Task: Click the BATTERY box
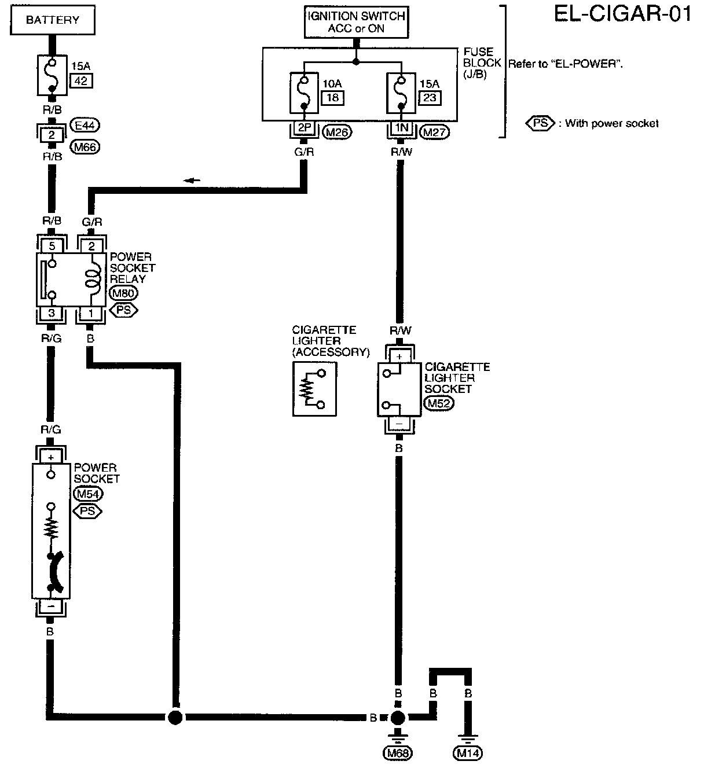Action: click(x=52, y=20)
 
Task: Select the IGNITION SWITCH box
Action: click(x=356, y=22)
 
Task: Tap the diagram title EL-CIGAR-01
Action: click(x=622, y=14)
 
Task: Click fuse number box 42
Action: click(x=80, y=81)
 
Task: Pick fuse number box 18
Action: click(x=332, y=97)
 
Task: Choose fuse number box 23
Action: click(x=430, y=97)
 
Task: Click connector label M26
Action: click(x=337, y=133)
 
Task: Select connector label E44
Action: click(x=85, y=125)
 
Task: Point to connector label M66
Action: click(x=85, y=147)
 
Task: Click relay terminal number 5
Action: click(x=52, y=246)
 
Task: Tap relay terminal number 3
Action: click(x=52, y=314)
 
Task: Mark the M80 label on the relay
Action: click(x=123, y=292)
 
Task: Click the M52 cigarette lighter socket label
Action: click(x=438, y=403)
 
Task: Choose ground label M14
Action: click(x=468, y=753)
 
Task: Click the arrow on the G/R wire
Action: click(x=192, y=181)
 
